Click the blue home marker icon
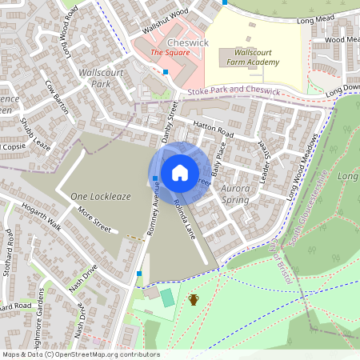coord(180,172)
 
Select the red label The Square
coord(170,53)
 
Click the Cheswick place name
coord(188,41)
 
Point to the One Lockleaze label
coord(99,196)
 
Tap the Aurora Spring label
coord(235,193)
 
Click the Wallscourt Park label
coord(100,77)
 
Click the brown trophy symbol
coord(193,300)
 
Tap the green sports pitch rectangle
coord(166,298)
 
